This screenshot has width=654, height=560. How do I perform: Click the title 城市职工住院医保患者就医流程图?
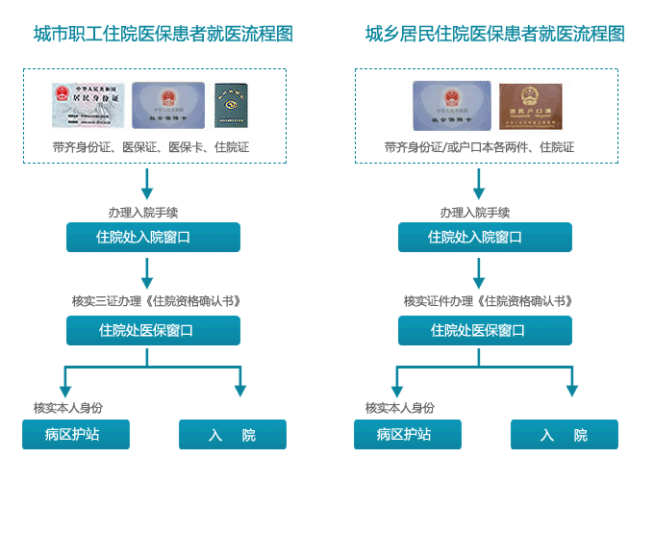(163, 35)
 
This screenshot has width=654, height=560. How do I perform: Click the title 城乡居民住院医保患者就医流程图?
(494, 35)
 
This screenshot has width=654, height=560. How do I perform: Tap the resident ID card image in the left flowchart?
(88, 106)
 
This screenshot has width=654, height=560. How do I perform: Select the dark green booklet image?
(231, 106)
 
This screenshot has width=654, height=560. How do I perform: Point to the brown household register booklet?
(530, 107)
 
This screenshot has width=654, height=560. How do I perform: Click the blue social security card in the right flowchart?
(451, 106)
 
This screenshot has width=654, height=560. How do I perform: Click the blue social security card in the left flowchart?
(168, 106)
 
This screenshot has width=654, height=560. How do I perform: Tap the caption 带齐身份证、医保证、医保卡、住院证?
(151, 147)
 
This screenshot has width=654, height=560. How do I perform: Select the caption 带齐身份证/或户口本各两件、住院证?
(479, 147)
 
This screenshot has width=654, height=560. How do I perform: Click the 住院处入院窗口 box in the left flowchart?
(153, 238)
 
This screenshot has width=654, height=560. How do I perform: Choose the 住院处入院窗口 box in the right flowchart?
(485, 238)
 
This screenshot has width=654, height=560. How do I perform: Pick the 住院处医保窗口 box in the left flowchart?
(153, 330)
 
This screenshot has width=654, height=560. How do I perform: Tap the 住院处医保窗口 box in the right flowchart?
(485, 330)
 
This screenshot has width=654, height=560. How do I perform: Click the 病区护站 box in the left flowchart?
(75, 434)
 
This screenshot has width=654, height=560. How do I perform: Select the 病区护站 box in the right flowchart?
(407, 434)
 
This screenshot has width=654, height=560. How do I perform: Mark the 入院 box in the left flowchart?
(232, 435)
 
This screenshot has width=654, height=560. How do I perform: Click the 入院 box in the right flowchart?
(564, 435)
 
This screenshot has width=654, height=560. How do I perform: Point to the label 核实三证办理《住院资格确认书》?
(156, 301)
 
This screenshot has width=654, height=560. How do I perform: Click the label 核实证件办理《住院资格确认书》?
(488, 301)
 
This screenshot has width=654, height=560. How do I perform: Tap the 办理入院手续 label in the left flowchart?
(143, 213)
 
